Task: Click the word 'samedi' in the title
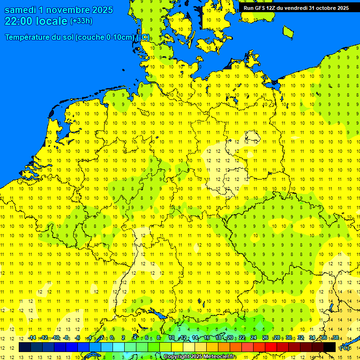pyautogui.click(x=22, y=10)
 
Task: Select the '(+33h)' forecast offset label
pyautogui.click(x=81, y=21)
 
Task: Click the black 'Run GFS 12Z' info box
pyautogui.click(x=296, y=8)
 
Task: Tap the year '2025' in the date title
pyautogui.click(x=99, y=10)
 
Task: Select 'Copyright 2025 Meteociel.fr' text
pyautogui.click(x=199, y=357)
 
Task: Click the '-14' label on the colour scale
pyautogui.click(x=32, y=337)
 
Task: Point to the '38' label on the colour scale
pyautogui.click(x=335, y=337)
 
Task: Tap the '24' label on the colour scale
pyautogui.click(x=254, y=337)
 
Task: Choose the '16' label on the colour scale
pyautogui.click(x=207, y=337)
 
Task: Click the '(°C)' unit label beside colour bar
pyautogui.click(x=345, y=348)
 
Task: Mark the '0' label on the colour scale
pyautogui.click(x=112, y=337)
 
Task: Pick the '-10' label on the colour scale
pyautogui.click(x=55, y=337)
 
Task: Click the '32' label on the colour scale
pyautogui.click(x=300, y=337)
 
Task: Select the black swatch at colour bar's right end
pyautogui.click(x=330, y=347)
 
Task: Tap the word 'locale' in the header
pyautogui.click(x=52, y=21)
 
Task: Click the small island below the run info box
pyautogui.click(x=288, y=31)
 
